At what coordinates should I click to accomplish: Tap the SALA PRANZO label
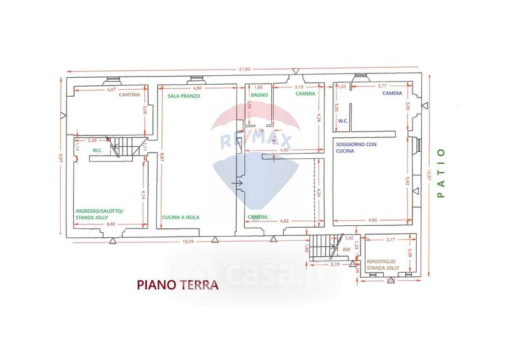184,96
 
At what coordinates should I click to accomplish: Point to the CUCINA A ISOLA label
180,217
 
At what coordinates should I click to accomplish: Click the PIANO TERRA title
178,285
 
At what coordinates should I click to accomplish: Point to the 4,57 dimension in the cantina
111,90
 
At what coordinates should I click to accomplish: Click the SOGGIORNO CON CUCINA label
356,149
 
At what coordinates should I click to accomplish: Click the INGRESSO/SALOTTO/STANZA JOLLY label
100,214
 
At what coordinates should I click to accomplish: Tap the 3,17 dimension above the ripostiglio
390,239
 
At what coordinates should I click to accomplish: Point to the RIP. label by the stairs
346,251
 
